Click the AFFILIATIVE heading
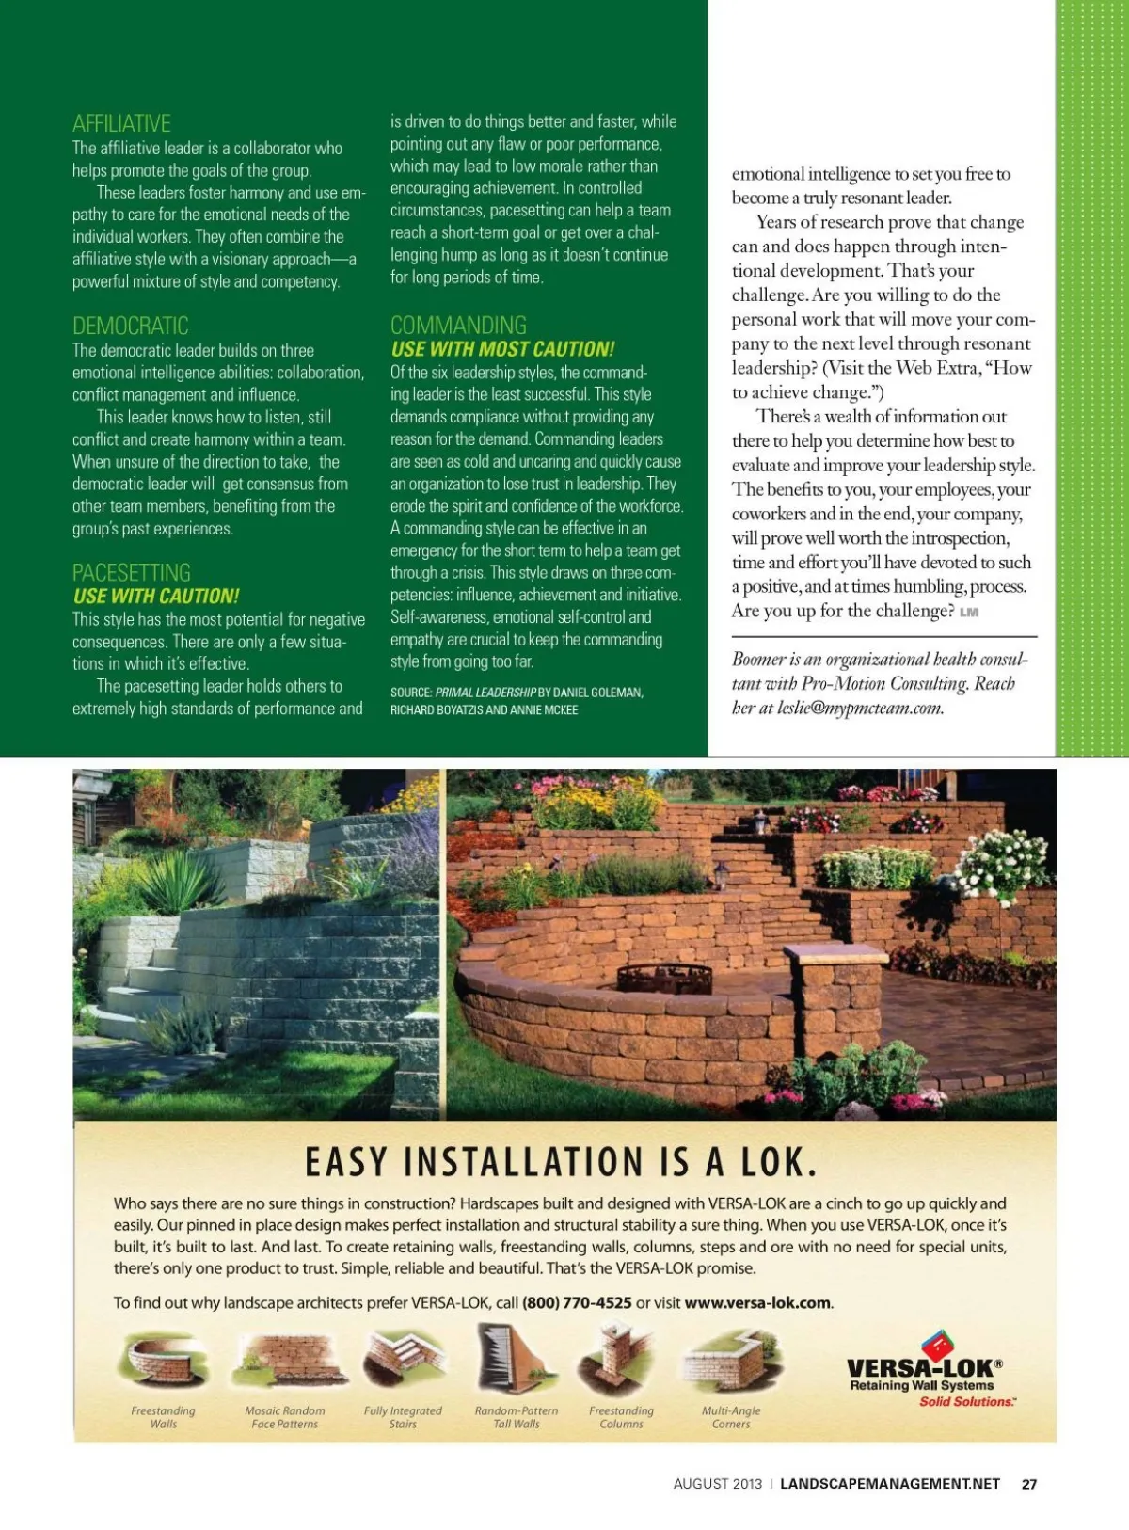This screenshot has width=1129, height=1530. pos(121,123)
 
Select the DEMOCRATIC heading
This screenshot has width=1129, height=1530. pos(130,326)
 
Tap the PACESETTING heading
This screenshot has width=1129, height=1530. pos(131,572)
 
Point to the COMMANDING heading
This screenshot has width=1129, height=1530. pos(458,326)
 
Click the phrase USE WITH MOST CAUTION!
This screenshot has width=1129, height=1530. pos(502,349)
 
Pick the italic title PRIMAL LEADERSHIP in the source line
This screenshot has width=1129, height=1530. pos(485,693)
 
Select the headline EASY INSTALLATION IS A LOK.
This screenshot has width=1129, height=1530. pos(561,1163)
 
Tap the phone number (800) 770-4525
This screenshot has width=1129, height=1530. pos(577,1303)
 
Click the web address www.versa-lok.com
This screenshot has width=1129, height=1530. pos(757,1303)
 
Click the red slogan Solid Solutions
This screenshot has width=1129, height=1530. pos(967,1402)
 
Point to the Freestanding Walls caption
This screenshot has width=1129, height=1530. pos(163,1417)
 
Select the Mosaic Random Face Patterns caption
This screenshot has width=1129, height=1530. pos(284,1417)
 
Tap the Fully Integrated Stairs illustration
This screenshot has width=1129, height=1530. pos(403,1361)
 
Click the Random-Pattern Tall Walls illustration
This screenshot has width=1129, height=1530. pos(515,1360)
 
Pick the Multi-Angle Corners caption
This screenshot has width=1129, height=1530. pos(731,1417)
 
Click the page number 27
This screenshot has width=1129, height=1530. pos(1029,1484)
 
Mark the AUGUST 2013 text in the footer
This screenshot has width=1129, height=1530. pos(717,1484)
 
